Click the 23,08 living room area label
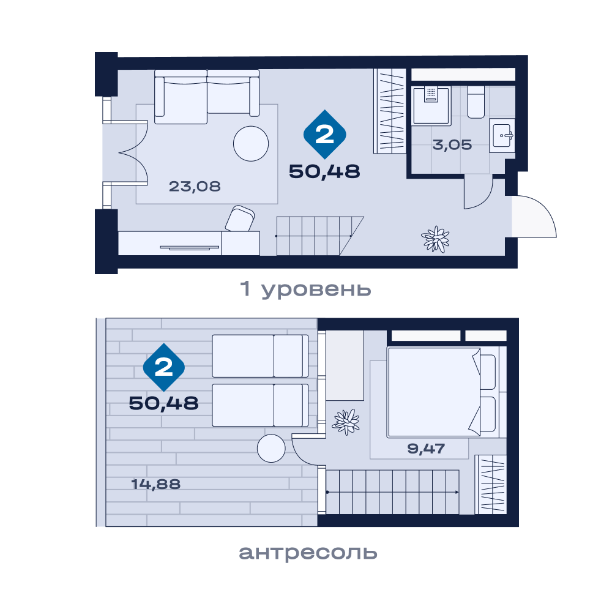(195, 186)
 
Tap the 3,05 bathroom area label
(452, 145)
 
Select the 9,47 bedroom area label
(426, 449)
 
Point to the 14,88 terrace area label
(155, 484)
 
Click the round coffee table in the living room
(251, 144)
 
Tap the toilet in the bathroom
(476, 102)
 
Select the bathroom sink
(502, 135)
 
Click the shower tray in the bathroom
(431, 105)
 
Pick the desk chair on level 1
(240, 218)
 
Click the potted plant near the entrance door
(435, 239)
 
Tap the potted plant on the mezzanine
(345, 422)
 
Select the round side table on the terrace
(271, 449)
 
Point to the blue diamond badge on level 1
(325, 134)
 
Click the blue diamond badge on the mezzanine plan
(164, 367)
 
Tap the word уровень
(316, 289)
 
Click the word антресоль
(308, 552)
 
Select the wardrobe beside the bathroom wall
(389, 111)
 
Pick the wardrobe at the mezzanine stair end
(491, 484)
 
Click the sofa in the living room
(207, 97)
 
